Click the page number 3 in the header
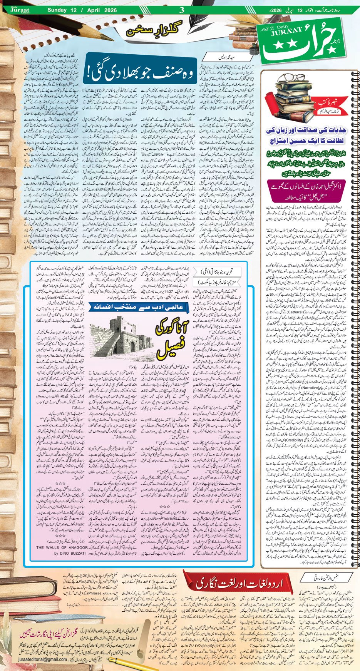point(182,10)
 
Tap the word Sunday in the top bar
point(57,10)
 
